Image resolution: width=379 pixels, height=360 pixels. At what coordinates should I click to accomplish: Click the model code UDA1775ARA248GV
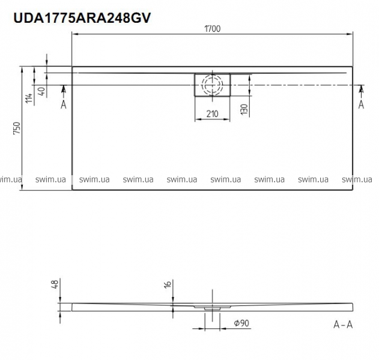(x=82, y=18)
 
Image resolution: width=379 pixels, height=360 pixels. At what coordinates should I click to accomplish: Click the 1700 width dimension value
(x=213, y=29)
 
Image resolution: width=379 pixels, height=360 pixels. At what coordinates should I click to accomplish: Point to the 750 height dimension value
(x=17, y=128)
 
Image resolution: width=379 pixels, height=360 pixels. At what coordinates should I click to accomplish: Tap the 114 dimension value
(x=29, y=98)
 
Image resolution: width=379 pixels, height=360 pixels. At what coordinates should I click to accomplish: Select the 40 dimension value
(x=41, y=91)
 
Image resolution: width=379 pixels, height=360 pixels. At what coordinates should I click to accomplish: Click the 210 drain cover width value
(x=212, y=114)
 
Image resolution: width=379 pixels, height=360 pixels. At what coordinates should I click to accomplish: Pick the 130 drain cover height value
(x=244, y=109)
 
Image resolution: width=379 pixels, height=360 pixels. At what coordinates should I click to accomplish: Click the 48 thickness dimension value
(x=55, y=284)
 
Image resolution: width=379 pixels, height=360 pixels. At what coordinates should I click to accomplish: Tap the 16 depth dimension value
(x=168, y=284)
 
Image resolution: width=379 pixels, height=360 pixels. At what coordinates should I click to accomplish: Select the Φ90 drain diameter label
(x=241, y=323)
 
